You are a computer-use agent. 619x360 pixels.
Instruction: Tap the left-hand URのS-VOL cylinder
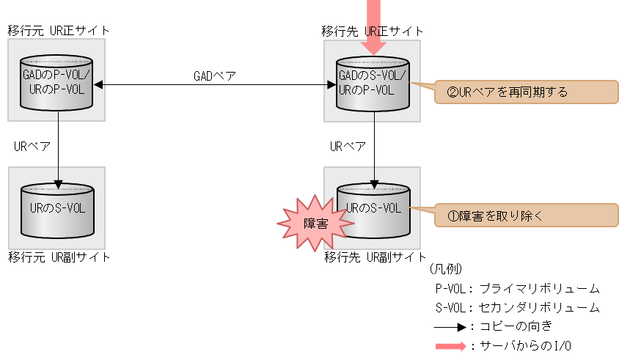click(x=57, y=210)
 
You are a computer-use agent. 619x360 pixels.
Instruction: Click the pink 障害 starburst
click(x=314, y=222)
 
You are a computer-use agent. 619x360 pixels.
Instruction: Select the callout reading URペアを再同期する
click(x=525, y=92)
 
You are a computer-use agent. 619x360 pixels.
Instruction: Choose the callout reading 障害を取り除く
click(x=525, y=216)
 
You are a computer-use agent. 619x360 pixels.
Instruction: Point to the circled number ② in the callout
click(x=452, y=93)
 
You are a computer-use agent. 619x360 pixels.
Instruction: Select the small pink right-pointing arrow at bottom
click(x=451, y=347)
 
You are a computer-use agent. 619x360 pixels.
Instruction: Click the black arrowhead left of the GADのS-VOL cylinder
click(x=331, y=85)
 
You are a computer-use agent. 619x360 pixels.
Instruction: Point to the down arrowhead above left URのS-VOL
click(x=58, y=183)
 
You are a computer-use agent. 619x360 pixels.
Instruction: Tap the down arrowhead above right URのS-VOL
click(x=375, y=183)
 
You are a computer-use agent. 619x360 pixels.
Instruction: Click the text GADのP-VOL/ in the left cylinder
click(x=57, y=76)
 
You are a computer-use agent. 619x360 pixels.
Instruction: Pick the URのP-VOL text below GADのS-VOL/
click(x=366, y=91)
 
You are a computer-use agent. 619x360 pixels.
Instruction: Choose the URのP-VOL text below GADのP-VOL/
click(x=54, y=91)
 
